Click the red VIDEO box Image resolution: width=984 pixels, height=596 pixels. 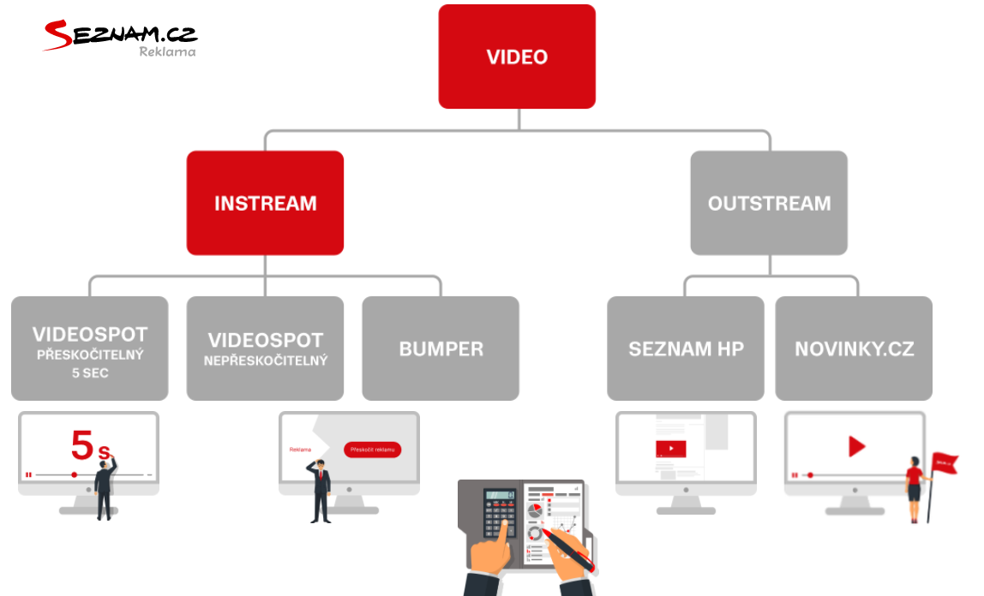pyautogui.click(x=517, y=57)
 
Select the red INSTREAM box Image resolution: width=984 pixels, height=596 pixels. pyautogui.click(x=265, y=203)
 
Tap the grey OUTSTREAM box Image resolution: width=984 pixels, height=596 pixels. pyautogui.click(x=769, y=203)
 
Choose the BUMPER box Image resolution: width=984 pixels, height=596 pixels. pyautogui.click(x=441, y=349)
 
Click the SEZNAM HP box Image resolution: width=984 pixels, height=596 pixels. pyautogui.click(x=686, y=349)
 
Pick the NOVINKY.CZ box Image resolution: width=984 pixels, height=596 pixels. pyautogui.click(x=854, y=349)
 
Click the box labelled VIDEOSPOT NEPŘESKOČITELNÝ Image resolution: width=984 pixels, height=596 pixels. pyautogui.click(x=265, y=349)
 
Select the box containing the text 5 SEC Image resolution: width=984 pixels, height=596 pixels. pyautogui.click(x=89, y=349)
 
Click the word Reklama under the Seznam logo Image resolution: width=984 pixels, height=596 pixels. pyautogui.click(x=167, y=51)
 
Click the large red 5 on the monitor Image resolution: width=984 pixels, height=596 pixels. pyautogui.click(x=83, y=445)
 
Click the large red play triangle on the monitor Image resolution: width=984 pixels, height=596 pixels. pyautogui.click(x=856, y=446)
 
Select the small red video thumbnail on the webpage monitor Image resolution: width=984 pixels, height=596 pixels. pyautogui.click(x=670, y=449)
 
